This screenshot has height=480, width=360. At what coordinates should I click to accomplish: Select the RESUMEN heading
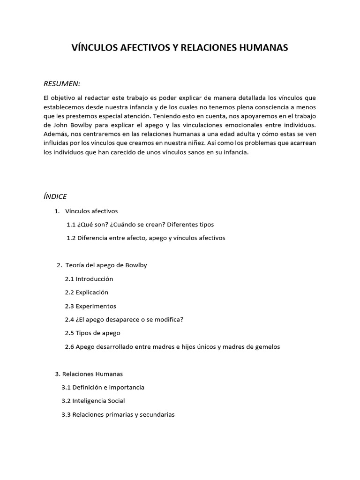coord(62,83)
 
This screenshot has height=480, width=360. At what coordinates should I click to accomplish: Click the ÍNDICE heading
coord(55,196)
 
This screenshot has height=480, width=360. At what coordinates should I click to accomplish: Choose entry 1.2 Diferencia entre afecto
coord(146,238)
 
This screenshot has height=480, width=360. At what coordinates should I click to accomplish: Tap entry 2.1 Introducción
coord(89,279)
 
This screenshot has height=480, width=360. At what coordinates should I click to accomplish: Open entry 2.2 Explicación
coord(87,292)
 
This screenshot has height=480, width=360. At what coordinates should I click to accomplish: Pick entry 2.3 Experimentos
coord(90,306)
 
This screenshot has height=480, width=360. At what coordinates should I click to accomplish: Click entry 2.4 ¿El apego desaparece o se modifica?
coord(124,320)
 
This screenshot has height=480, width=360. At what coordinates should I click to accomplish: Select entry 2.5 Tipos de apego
coord(92,333)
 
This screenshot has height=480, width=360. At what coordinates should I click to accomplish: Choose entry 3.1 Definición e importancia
coord(103,388)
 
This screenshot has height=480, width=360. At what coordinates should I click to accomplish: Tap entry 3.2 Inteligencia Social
coord(93,401)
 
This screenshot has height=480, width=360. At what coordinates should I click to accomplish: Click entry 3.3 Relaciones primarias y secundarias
coord(118,415)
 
